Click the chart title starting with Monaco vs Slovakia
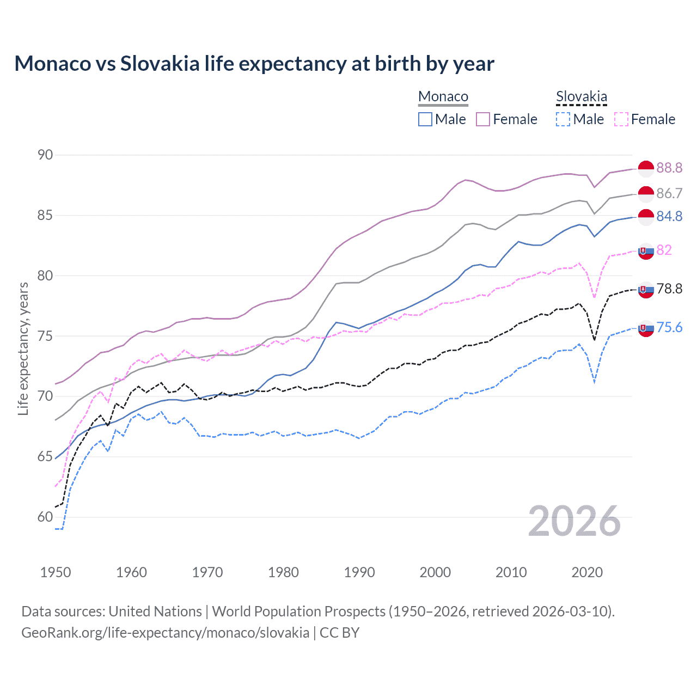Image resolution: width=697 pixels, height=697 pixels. coord(254,64)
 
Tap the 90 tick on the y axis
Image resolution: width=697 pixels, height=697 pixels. coord(45,155)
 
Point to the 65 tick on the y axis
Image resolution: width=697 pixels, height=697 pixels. coord(45,456)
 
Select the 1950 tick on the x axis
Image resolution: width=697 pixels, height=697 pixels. coord(56,572)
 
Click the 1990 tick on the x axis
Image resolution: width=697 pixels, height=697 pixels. coord(359,572)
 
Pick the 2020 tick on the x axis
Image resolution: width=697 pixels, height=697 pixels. coord(587,572)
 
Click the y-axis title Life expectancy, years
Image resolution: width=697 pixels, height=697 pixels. coord(23,348)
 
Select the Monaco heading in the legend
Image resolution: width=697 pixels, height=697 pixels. coord(443,96)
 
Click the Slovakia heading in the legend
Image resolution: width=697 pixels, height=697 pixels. coord(581,96)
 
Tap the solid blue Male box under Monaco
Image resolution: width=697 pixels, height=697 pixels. coord(425,119)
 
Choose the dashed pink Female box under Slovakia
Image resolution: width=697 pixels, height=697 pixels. coord(621,119)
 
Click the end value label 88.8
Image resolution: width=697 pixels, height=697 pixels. coord(669,168)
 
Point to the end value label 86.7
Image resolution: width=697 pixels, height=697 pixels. coord(669,193)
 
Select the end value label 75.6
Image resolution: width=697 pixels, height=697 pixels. coord(669,327)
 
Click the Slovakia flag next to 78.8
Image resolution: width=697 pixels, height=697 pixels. coord(646,290)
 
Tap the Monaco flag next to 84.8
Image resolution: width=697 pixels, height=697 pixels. coord(646,217)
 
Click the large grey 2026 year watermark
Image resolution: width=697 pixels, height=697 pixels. coord(574,521)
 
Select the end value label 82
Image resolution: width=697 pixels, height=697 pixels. coord(664,250)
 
